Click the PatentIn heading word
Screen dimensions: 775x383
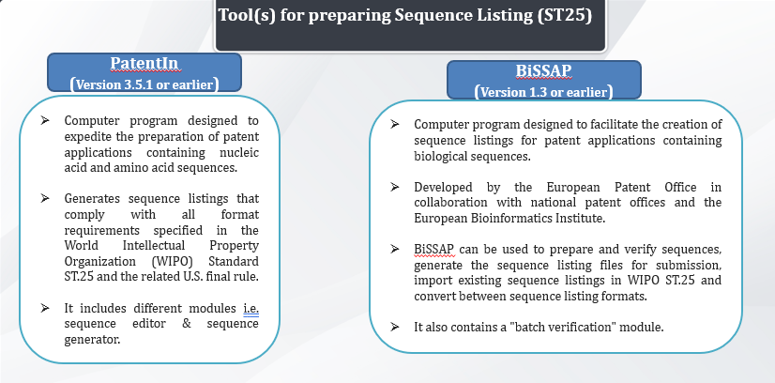point(144,63)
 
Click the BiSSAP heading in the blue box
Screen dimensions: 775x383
point(543,70)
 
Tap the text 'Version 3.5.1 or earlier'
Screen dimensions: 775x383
point(144,84)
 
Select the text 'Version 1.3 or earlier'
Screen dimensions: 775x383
point(543,92)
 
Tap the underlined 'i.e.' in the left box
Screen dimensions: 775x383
point(251,309)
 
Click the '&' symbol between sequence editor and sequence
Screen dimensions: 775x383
point(187,324)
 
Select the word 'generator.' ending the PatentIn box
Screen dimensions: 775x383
point(93,340)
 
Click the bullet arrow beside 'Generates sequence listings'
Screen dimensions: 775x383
point(45,198)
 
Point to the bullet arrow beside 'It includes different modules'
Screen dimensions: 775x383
point(45,309)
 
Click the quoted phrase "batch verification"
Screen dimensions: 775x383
point(564,327)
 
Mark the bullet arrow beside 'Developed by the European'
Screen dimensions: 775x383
point(394,187)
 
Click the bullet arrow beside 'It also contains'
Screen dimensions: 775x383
point(394,326)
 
